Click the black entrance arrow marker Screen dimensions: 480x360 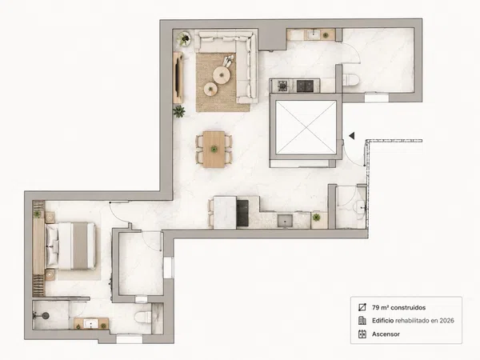pos(352,136)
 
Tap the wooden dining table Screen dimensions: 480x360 pos(214,150)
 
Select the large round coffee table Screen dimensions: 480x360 pos(221,75)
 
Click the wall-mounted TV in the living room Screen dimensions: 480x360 pos(178,78)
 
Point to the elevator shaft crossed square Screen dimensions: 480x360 pos(306,127)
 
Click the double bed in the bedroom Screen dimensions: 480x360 pos(70,246)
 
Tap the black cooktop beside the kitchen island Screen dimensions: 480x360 pos(242,213)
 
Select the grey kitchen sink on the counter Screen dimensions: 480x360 pos(285,221)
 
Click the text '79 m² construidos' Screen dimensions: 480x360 pos(398,307)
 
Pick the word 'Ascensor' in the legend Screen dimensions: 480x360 pos(386,334)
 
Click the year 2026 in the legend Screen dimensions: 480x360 pos(446,321)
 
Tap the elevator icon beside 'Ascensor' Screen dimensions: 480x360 pos(362,334)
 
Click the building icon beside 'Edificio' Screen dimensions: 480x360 pos(362,321)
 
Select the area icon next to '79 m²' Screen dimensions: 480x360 pos(362,307)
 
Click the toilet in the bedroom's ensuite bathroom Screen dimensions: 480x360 pos(142,317)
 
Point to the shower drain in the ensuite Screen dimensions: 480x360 pos(46,315)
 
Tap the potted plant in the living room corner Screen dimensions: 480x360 pos(184,38)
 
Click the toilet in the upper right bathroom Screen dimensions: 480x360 pos(351,80)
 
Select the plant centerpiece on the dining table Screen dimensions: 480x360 pos(214,149)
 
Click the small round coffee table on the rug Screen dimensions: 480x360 pos(210,89)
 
